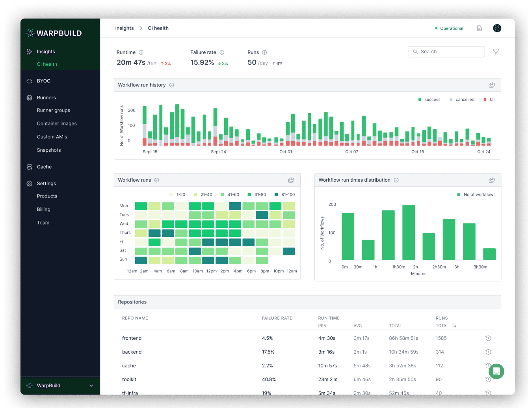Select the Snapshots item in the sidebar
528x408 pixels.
[x=49, y=150]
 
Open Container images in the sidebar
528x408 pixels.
[x=57, y=124]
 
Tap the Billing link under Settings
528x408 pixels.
[x=44, y=210]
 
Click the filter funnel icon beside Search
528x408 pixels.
[x=496, y=52]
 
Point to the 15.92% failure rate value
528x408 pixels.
[x=202, y=63]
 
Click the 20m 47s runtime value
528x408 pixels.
[x=131, y=63]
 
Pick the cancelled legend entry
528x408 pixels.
[x=465, y=100]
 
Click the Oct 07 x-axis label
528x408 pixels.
[x=351, y=152]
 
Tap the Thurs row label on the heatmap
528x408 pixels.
[x=125, y=233]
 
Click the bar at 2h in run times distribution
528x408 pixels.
[x=409, y=232]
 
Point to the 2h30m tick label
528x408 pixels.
[x=439, y=267]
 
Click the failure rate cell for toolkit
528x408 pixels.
[x=269, y=380]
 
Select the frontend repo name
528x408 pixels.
[x=132, y=338]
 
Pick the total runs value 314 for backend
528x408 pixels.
[x=440, y=352]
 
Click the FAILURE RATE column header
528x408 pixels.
[x=277, y=318]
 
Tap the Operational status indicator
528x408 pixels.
[x=449, y=28]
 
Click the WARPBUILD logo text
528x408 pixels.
[x=59, y=34]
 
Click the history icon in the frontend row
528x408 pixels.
[x=488, y=338]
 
